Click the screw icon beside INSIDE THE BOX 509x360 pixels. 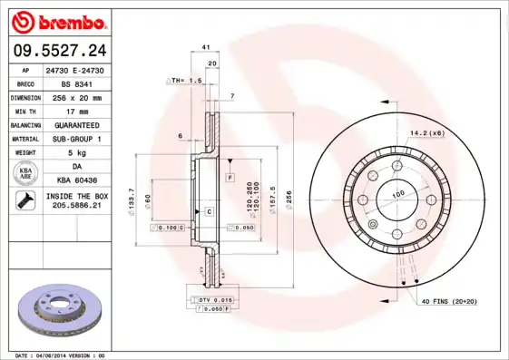(x=23, y=200)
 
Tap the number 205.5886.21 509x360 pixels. (x=75, y=206)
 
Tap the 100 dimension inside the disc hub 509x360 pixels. (x=396, y=193)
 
